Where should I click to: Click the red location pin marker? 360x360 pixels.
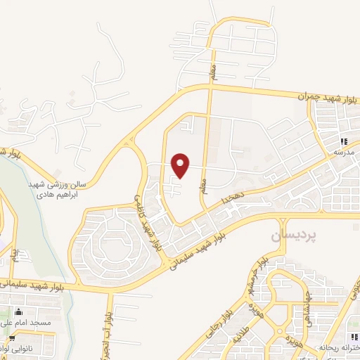click(x=181, y=165)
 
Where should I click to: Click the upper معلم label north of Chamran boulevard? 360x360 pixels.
click(x=213, y=70)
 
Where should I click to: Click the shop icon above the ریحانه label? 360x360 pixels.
click(x=344, y=337)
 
